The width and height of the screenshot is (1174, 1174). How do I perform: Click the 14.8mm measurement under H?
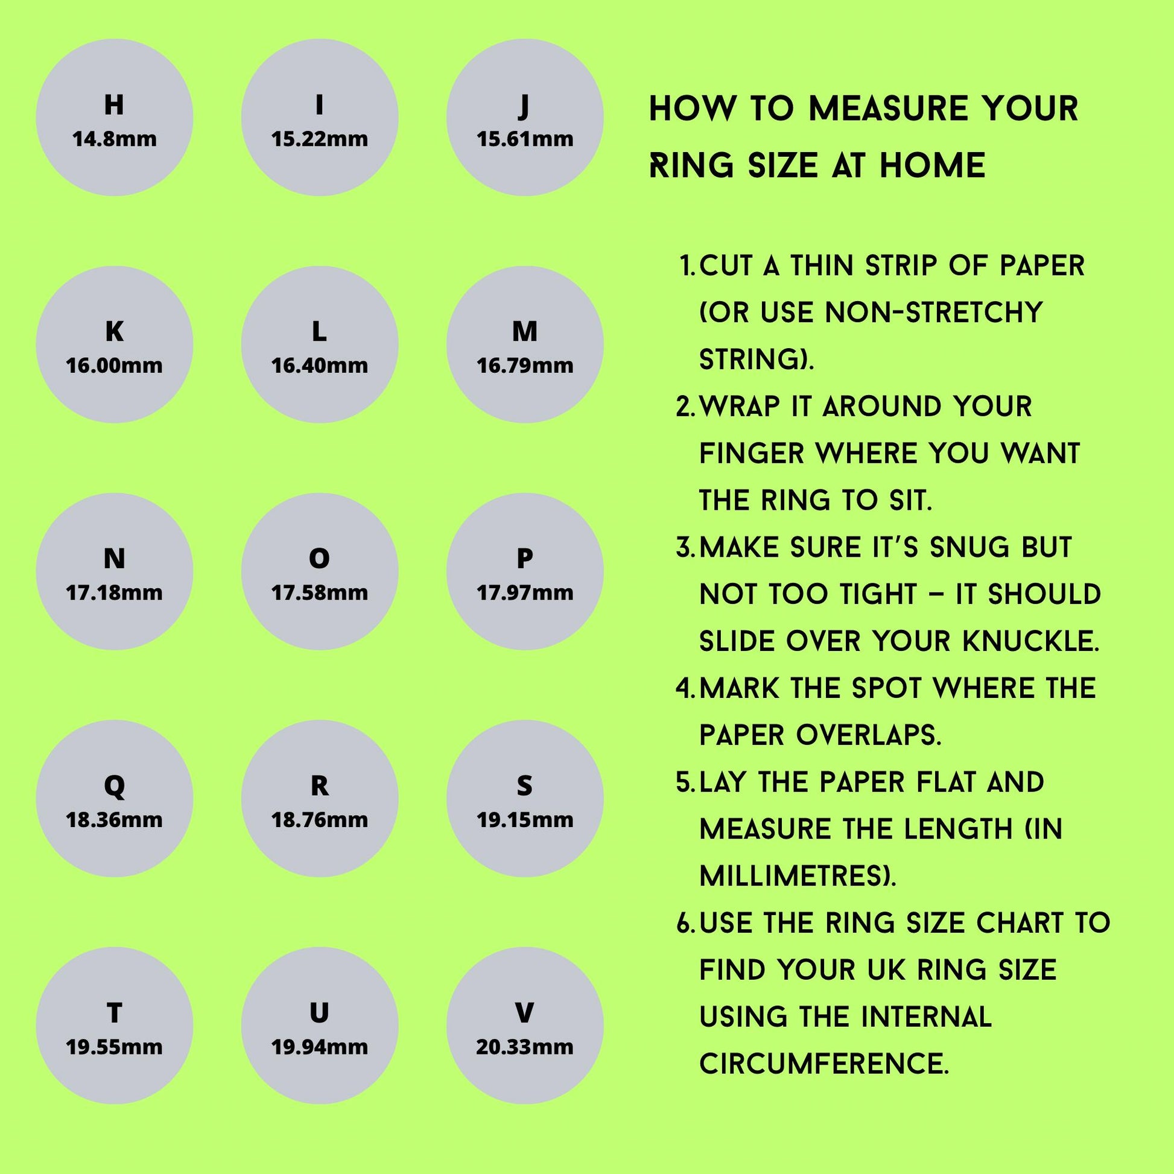(114, 139)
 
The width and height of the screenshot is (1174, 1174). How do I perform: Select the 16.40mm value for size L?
(320, 366)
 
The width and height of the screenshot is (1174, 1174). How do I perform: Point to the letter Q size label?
(114, 787)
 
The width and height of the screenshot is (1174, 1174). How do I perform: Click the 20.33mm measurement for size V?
(524, 1047)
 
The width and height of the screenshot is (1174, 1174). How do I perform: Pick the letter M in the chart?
(524, 332)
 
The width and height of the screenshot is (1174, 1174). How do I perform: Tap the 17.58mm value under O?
(320, 592)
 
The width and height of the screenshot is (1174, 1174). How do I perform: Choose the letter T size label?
(114, 1013)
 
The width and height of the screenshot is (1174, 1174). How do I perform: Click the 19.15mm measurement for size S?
(524, 820)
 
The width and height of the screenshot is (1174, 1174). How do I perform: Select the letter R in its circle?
(320, 786)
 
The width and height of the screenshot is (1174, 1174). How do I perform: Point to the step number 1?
(688, 266)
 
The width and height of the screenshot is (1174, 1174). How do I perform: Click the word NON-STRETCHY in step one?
(933, 313)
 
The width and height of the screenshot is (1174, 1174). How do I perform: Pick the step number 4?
(686, 688)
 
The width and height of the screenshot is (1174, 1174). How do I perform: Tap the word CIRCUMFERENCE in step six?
(824, 1064)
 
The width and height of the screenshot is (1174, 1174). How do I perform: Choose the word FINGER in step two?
(751, 453)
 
